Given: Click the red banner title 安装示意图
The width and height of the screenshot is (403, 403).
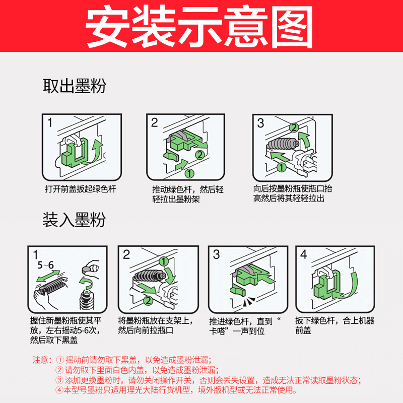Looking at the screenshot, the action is pos(199,27).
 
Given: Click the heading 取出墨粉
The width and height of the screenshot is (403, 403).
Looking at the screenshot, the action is pos(74,86).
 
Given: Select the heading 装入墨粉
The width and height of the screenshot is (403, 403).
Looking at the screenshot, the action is pos(74,220).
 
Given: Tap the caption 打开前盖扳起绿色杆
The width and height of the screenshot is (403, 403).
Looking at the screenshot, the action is pos(81,189).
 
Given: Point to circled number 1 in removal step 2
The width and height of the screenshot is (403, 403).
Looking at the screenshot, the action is pos(189,173).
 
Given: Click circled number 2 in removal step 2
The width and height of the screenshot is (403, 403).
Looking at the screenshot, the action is pos(199,155).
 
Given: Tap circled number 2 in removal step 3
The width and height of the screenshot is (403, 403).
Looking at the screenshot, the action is pos(294,127).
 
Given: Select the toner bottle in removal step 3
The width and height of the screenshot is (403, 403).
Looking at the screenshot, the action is pos(283,144).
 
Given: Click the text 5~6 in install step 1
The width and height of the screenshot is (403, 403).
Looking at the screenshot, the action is pos(45,265).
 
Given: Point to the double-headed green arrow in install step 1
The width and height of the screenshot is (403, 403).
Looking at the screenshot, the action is pos(48,276).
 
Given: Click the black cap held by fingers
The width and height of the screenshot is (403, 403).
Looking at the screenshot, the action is pos(87,270).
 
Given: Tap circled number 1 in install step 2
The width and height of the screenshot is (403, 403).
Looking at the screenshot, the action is pos(163,261).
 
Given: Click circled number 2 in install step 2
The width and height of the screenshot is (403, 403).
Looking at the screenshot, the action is pos(148,300).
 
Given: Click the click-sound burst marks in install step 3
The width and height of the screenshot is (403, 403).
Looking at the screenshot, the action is pos(248,302).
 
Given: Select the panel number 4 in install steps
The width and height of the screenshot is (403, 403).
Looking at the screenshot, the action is pos(304,254).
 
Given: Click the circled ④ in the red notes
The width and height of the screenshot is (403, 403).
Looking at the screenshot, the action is pos(59,390).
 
